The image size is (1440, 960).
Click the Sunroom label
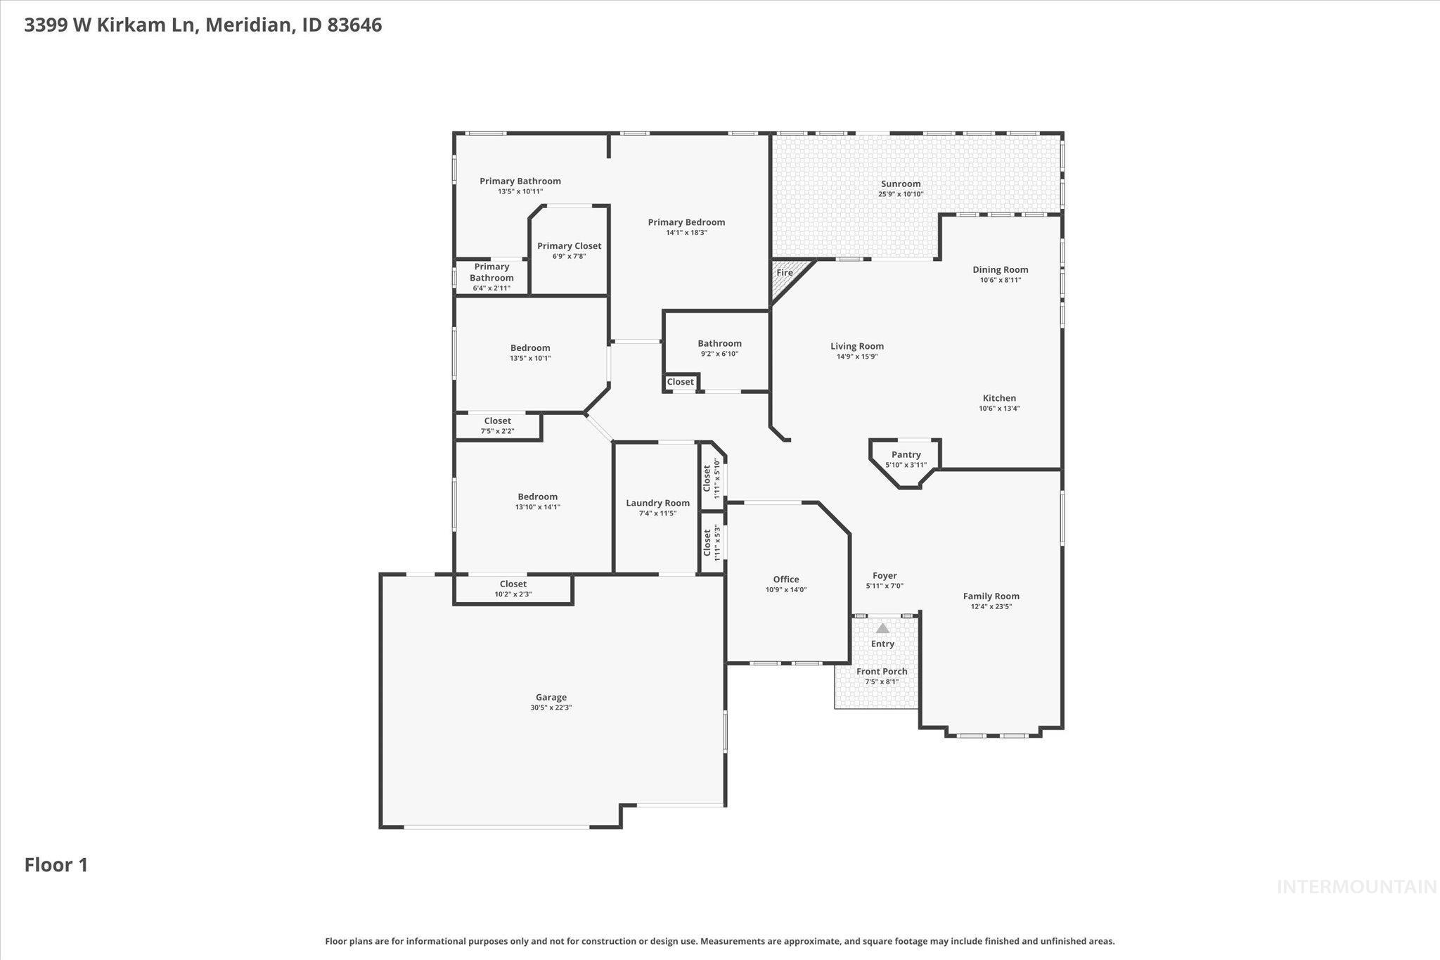pos(900,184)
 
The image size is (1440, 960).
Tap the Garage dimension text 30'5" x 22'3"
pos(551,708)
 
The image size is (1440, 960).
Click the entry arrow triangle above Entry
pos(882,628)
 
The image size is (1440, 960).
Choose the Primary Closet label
pos(569,245)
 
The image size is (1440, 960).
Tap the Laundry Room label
pos(657,503)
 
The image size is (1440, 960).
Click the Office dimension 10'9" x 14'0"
pos(785,590)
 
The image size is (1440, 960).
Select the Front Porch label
pos(882,671)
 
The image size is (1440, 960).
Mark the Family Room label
pos(991,596)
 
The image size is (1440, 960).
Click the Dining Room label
pos(1000,269)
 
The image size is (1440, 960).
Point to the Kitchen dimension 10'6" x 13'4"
pos(999,409)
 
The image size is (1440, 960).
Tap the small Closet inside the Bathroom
pos(680,382)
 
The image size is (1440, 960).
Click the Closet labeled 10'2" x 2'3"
pos(513,589)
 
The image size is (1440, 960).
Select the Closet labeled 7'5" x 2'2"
pos(497,425)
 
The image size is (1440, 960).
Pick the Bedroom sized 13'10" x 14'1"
pos(537,501)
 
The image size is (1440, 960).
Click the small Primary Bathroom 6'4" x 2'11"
pos(491,277)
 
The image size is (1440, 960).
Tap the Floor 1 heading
pos(56,864)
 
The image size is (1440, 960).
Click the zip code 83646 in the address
pos(354,25)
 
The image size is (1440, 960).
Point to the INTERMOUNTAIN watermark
pos(1356,887)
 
